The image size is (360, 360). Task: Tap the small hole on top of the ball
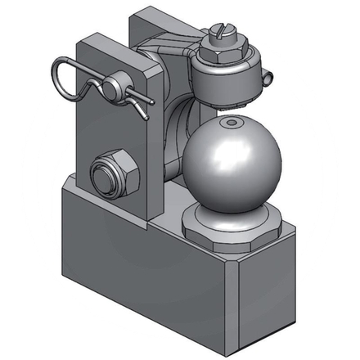(x=232, y=123)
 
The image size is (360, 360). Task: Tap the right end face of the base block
(x=270, y=286)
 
